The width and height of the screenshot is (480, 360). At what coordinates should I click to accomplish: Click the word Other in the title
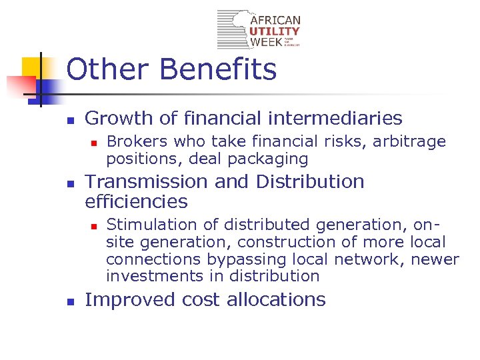[x=107, y=69]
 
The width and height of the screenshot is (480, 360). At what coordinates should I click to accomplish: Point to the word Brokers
[x=136, y=141]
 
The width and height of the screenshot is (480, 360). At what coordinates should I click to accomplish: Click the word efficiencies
[x=137, y=201]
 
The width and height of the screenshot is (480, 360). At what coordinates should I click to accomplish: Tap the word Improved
[x=123, y=300]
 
